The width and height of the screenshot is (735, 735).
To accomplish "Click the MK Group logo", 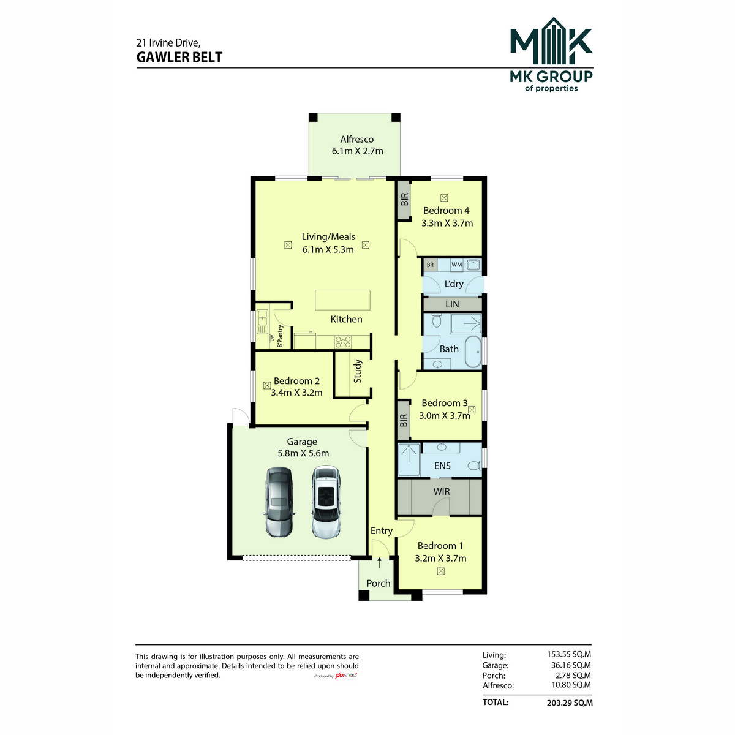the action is [x=551, y=55].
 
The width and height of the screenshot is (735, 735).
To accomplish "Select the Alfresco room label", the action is [x=356, y=139].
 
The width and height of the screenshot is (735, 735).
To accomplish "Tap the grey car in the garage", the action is [x=279, y=502].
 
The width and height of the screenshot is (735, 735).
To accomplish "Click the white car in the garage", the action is [x=326, y=502].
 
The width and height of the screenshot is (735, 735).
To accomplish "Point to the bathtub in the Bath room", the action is [x=473, y=352].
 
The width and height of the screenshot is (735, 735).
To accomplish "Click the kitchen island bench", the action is [x=342, y=300].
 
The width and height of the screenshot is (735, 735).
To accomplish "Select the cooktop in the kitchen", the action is [x=342, y=342].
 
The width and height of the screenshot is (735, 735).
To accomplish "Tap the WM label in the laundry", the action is [x=456, y=265].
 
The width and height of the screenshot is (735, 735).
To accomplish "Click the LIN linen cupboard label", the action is [x=452, y=304].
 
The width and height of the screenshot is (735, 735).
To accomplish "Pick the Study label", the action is [x=357, y=371].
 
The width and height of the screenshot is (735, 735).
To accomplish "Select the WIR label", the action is [x=441, y=492].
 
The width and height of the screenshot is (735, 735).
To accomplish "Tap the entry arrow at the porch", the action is [x=379, y=563].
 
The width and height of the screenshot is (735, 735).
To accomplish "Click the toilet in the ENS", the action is [x=475, y=466].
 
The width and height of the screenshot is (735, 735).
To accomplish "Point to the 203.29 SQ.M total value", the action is [x=570, y=703].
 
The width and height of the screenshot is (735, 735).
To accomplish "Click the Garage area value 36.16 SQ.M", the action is [x=571, y=665].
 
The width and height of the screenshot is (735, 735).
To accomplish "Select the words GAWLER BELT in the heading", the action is [x=179, y=57].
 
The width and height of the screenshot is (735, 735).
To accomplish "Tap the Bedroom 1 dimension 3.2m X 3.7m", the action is [x=440, y=559].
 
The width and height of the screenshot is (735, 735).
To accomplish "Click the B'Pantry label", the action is [x=281, y=336].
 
